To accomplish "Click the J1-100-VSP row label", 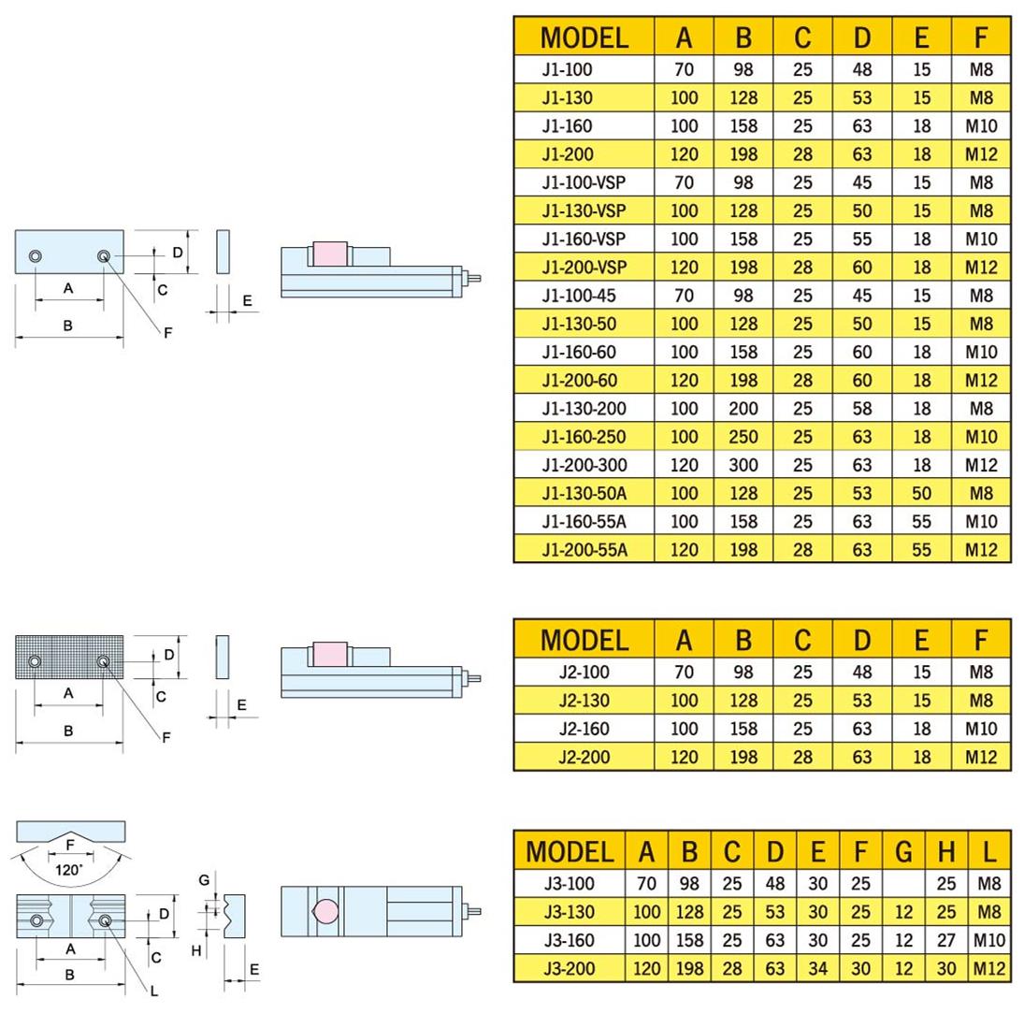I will coord(584,182).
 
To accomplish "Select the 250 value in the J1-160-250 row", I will coord(743,437).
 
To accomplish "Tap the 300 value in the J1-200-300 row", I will coord(743,465).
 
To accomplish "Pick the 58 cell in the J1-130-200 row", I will coord(861,409).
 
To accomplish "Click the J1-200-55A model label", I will coord(584,550).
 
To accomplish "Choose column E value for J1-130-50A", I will coord(921,494).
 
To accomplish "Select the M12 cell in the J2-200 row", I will coord(980,757).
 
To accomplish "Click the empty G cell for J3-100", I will coord(903,883).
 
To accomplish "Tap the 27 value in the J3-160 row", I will coord(946,940).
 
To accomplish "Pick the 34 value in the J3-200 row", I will coord(818,968).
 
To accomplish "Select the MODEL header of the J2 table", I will coord(584,640).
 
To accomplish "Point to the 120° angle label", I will coord(68,869).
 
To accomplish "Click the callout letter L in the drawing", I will coord(154,991).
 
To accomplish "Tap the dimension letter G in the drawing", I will coord(205,880).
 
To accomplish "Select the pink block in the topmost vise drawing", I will coord(330,254).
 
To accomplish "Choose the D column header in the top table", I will coord(861,37).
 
